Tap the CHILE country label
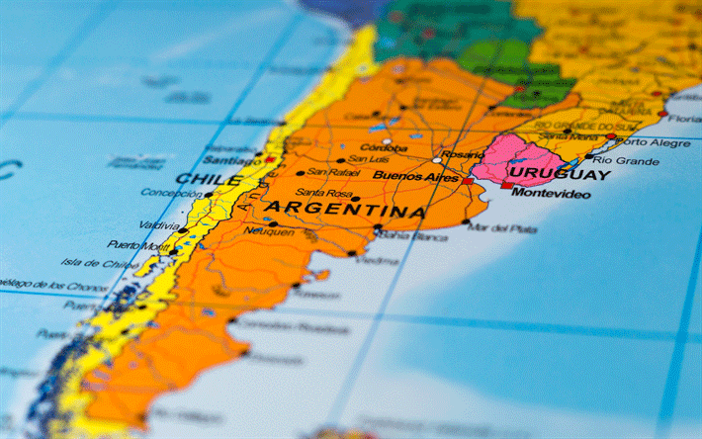[208, 180]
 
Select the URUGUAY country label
[558, 175]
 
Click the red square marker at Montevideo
[506, 185]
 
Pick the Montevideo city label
[551, 194]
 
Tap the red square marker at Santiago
[269, 159]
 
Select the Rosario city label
[463, 155]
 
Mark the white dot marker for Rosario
[437, 160]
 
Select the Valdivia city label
[159, 224]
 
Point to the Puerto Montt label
[137, 244]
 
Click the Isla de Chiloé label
[100, 264]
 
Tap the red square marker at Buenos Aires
[467, 181]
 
